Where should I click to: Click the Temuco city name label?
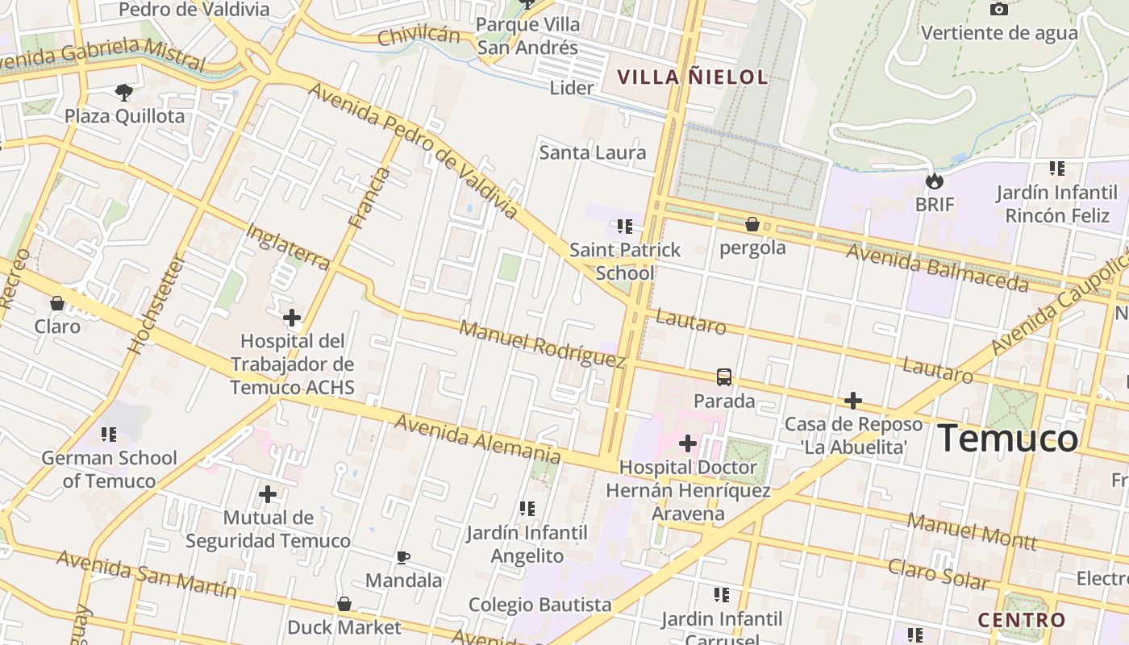point(1008,439)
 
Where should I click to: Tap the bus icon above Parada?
point(724,377)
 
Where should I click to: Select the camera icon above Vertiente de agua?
point(998,9)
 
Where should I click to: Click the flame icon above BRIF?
point(935,181)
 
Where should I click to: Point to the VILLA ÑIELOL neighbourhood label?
point(692,77)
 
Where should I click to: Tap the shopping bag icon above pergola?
point(752,223)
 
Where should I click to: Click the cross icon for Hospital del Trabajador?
point(292,318)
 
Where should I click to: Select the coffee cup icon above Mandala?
point(403,557)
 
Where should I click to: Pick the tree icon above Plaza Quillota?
point(124,92)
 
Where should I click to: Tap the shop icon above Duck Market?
point(344,604)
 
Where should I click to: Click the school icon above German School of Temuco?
point(109,435)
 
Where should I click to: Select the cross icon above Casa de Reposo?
point(853,401)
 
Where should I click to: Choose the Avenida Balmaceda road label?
point(937,267)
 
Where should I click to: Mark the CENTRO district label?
point(1022,620)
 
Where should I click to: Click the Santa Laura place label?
point(593,152)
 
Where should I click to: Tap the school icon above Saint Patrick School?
point(625,227)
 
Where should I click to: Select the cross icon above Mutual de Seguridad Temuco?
point(268,493)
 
